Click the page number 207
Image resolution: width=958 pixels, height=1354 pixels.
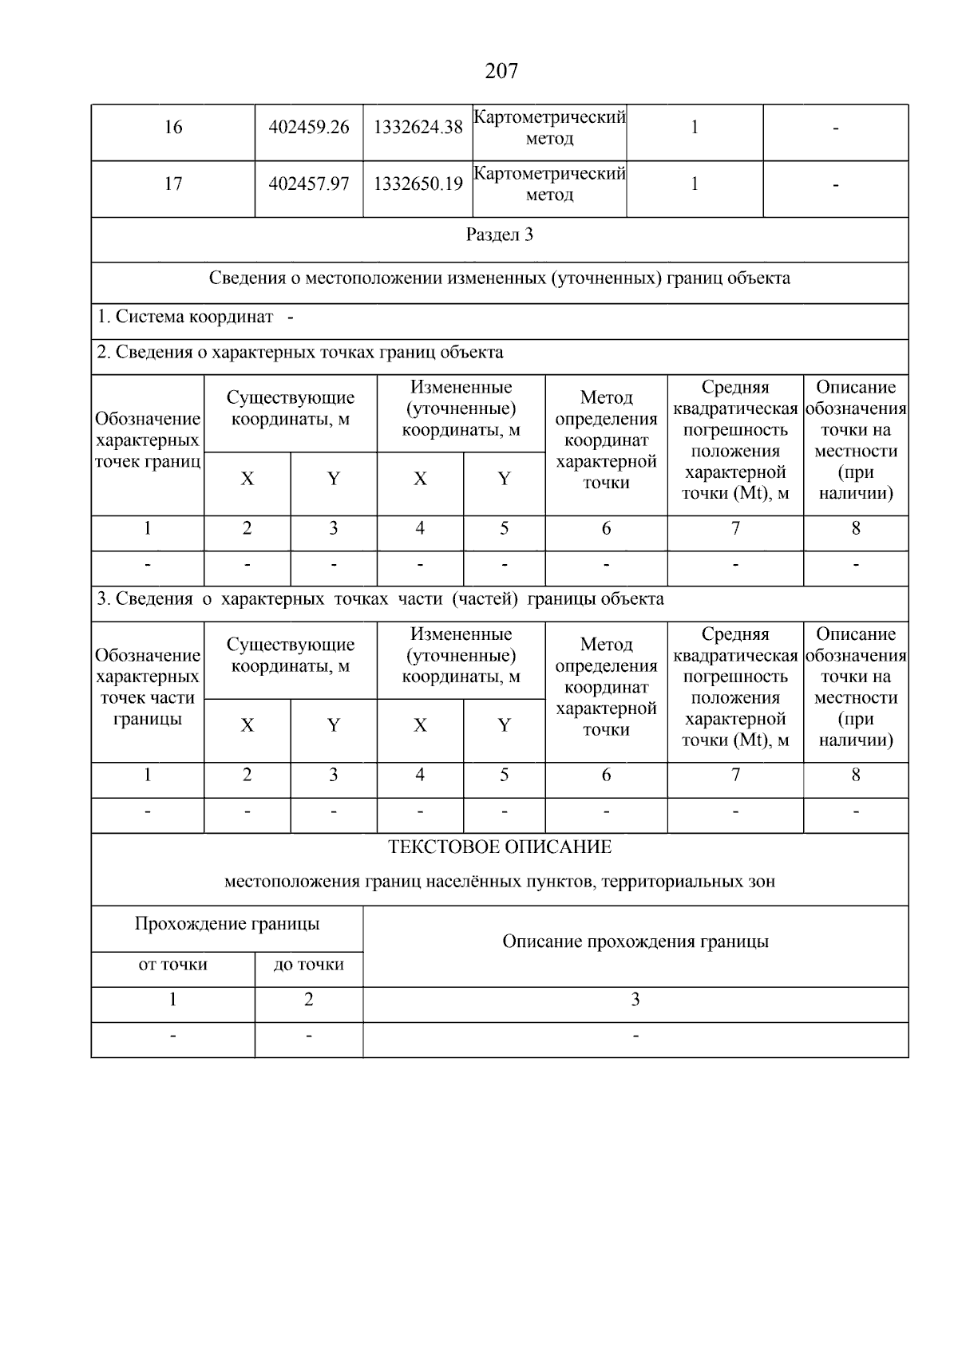coord(501,71)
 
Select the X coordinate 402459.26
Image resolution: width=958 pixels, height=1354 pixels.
coord(309,128)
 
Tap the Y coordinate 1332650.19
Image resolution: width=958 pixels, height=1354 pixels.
coord(418,184)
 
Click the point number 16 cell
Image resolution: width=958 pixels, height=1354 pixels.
coord(172,128)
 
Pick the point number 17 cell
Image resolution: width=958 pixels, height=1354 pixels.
coord(172,184)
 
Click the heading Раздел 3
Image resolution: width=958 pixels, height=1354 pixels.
coord(500,235)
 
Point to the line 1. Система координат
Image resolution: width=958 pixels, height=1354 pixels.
coord(195,317)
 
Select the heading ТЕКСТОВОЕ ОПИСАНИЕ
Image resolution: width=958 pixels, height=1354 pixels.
coord(500,847)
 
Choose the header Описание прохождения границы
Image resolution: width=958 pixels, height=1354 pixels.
coord(635,941)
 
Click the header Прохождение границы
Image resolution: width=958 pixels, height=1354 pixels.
coord(227,924)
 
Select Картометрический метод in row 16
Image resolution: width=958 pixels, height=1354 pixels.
coord(549,128)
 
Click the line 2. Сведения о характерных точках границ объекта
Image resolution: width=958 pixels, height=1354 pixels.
coord(300,352)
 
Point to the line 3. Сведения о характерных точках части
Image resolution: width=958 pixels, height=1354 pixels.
coord(380,598)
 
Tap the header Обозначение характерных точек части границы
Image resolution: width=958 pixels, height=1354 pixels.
coord(147,687)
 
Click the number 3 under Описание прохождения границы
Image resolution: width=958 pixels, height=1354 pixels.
coord(635,1000)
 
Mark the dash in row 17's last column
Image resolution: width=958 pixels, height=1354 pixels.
coord(835,185)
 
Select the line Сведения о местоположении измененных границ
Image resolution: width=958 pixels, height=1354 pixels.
coord(500,278)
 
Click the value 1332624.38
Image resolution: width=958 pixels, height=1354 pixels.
coord(418,128)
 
